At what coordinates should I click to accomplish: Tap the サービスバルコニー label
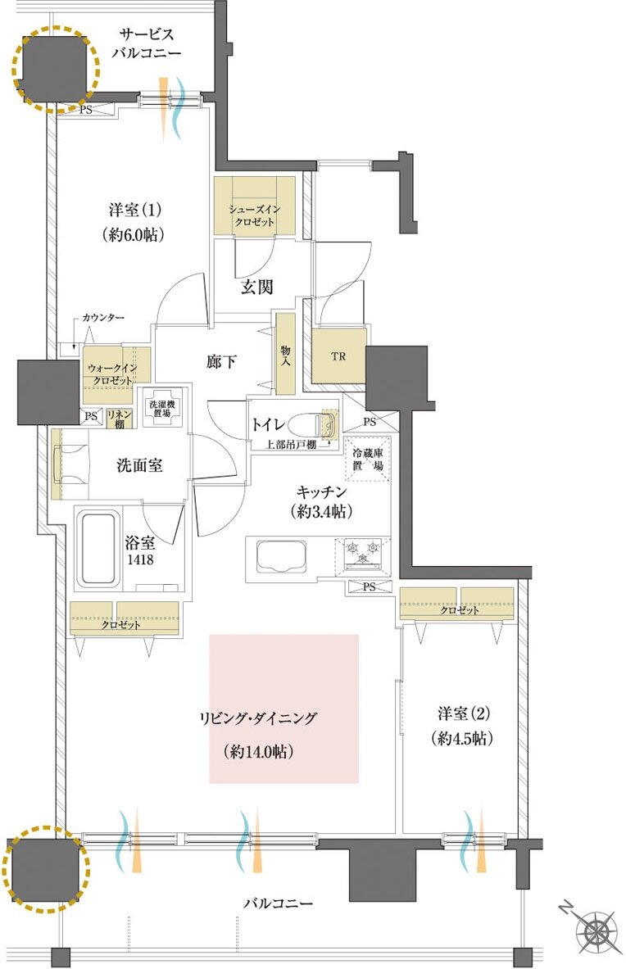147,43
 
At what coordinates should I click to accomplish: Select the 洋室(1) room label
135,211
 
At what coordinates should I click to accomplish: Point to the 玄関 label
256,287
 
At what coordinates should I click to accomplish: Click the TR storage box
338,356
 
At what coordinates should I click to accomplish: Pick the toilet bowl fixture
315,424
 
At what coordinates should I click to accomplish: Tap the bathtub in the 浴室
97,547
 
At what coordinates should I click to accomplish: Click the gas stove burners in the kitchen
363,550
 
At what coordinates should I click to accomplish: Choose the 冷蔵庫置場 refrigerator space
368,459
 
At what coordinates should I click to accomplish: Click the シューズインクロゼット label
254,215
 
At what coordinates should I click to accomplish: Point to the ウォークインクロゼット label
112,374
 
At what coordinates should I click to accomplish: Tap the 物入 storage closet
285,354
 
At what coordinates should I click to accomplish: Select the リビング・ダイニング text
257,718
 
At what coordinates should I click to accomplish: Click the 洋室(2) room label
464,714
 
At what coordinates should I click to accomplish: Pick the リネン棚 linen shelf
119,419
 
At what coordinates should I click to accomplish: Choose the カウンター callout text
103,318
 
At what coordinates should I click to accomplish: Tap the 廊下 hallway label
221,361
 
